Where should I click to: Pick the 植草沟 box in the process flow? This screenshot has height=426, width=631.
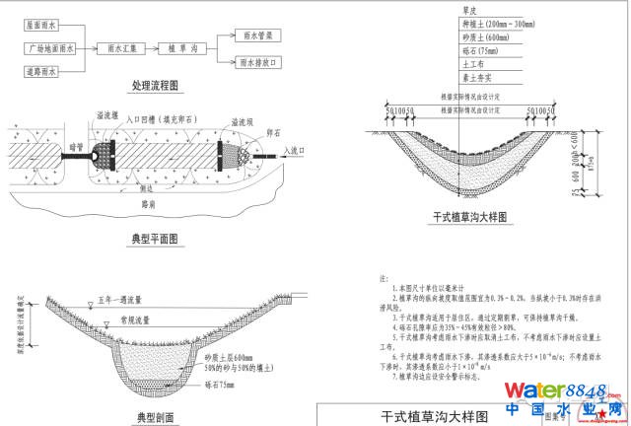click(183, 47)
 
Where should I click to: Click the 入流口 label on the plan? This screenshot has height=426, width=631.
click(293, 150)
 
